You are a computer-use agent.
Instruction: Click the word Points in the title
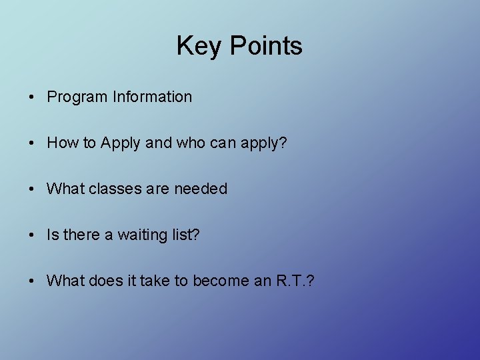pos(266,46)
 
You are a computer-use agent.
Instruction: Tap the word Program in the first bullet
pos(77,97)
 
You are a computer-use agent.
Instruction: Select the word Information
pos(152,97)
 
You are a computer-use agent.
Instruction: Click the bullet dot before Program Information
pos(32,97)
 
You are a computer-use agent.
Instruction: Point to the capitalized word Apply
pos(122,143)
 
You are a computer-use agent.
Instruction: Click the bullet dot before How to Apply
pos(32,143)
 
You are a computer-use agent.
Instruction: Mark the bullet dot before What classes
pos(32,189)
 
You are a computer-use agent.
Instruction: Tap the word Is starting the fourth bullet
pos(52,235)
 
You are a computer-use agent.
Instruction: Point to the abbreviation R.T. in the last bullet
pos(289,281)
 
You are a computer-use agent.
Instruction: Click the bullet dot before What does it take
pos(32,281)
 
